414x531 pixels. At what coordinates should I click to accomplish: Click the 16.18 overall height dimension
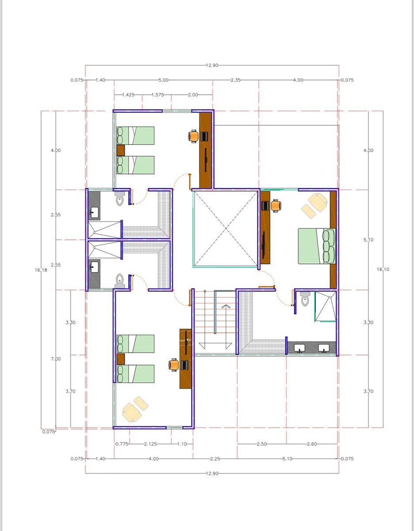[x=41, y=270]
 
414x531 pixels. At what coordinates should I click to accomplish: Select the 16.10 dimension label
[x=383, y=269]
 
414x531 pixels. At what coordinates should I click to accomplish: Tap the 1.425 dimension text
[x=128, y=95]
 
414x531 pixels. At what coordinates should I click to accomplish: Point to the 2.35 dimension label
[x=236, y=80]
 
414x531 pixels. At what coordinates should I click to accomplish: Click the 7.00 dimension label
[x=56, y=359]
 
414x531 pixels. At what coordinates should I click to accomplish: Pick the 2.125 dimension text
[x=150, y=444]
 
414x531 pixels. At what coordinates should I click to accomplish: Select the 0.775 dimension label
[x=122, y=444]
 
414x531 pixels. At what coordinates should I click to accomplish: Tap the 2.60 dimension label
[x=312, y=444]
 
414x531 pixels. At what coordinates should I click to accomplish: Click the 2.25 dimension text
[x=215, y=459]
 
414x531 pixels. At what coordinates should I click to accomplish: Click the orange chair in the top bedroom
[x=193, y=136]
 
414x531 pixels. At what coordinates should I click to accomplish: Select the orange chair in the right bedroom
[x=276, y=206]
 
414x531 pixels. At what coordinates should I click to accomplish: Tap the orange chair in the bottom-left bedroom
[x=173, y=365]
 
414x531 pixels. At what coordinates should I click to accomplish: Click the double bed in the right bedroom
[x=317, y=246]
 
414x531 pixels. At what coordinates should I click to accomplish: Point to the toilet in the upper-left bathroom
[x=120, y=198]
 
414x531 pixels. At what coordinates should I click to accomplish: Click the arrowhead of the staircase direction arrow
[x=226, y=306]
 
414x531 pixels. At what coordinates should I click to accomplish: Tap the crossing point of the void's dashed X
[x=226, y=228]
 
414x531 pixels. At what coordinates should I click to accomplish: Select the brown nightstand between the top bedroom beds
[x=121, y=150]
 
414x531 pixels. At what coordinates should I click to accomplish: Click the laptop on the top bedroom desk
[x=204, y=136]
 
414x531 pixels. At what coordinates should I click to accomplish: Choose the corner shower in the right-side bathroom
[x=326, y=306]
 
